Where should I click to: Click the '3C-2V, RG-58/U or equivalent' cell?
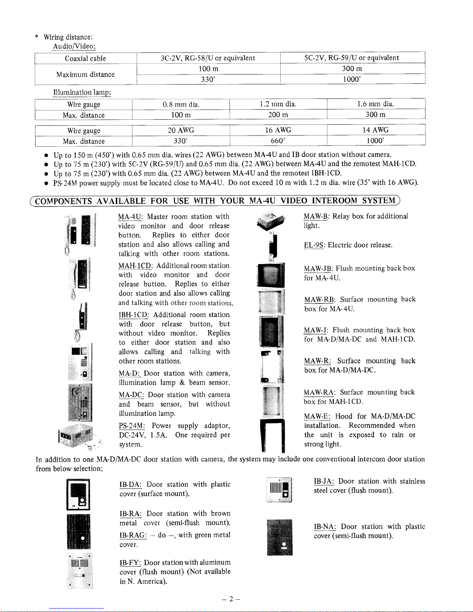[208, 58]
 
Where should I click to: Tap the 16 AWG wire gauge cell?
[278, 130]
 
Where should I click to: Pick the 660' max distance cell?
[278, 141]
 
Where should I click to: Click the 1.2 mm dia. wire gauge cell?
[278, 104]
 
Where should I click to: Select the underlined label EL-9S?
[315, 245]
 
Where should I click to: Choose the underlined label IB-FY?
[130, 563]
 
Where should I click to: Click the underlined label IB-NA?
[325, 527]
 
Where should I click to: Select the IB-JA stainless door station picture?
[280, 490]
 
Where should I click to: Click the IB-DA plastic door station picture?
[78, 494]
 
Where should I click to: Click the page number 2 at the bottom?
[230, 599]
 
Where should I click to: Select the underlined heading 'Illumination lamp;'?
[82, 93]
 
